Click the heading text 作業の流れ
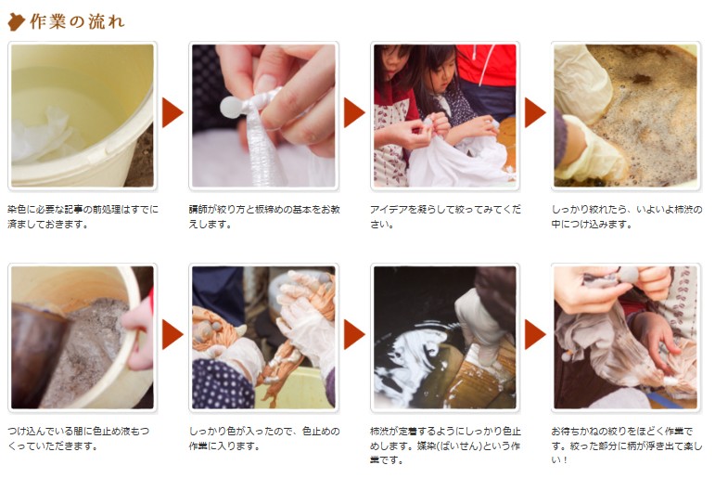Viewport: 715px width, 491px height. pos(77,20)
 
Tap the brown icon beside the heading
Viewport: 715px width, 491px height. pos(16,20)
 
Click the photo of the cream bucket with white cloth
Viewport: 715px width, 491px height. pos(82,115)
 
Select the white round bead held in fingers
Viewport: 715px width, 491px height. pos(228,109)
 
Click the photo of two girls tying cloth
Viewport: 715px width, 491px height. pos(444,115)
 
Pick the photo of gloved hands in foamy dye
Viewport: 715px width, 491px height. pos(625,115)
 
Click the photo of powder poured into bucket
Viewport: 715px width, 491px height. pos(82,338)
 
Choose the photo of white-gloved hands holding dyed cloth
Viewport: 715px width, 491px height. pos(262,338)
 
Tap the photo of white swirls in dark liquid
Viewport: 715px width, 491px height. pos(444,338)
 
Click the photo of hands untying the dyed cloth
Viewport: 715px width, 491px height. pos(625,338)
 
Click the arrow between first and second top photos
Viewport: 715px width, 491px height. pos(172,112)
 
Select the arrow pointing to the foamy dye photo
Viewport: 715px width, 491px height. pos(535,112)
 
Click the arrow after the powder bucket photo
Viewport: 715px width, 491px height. pos(172,335)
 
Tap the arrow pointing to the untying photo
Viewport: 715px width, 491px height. pos(535,335)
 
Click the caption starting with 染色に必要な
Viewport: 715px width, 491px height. pos(82,216)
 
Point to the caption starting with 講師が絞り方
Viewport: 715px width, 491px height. pos(262,216)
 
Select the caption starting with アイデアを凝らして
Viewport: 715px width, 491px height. pos(443,216)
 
